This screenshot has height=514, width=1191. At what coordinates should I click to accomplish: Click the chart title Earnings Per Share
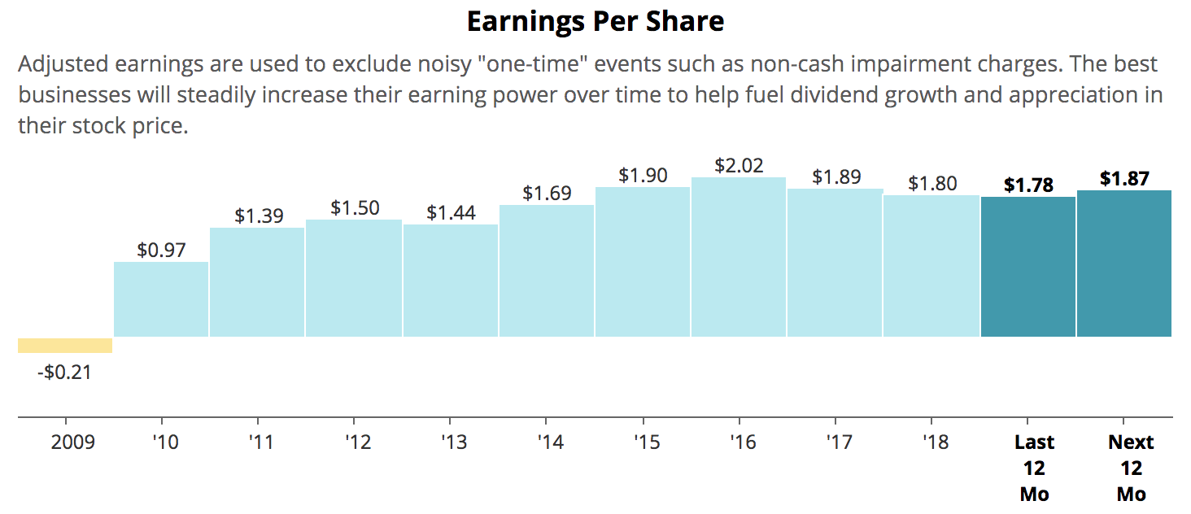595,22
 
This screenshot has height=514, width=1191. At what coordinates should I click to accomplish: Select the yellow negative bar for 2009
65,346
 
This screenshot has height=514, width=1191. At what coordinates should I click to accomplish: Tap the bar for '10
161,299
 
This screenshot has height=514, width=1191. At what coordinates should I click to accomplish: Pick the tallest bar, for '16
739,257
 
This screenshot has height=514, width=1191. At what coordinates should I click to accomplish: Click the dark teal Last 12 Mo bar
1028,267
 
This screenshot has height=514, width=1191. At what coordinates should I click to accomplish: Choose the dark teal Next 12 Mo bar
1124,264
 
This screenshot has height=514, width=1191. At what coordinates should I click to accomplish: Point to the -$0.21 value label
65,373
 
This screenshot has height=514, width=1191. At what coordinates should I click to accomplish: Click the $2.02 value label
739,165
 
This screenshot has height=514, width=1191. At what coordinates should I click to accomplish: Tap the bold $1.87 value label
1124,178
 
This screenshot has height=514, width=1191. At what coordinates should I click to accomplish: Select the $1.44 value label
451,213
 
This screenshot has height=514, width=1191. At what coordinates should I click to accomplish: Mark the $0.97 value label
161,250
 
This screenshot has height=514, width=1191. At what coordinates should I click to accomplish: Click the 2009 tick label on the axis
72,442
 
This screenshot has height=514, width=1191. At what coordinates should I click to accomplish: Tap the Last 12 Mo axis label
1034,468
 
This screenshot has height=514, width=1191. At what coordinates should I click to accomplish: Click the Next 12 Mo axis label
1131,468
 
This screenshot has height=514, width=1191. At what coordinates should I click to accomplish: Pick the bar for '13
451,281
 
